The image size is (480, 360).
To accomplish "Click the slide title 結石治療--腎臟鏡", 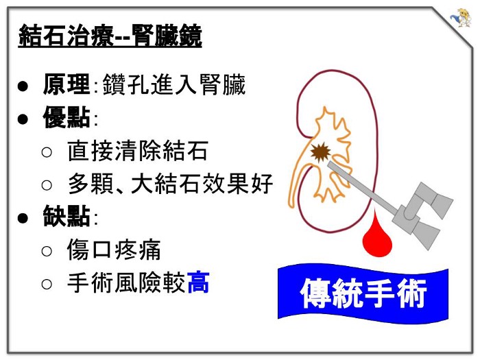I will pos(110,36).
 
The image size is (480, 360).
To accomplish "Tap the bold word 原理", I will pos(66,85).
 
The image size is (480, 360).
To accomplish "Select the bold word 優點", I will pos(66,118).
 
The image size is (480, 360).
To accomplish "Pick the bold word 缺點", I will pos(66,217).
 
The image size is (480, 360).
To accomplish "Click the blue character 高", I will pos(197,283).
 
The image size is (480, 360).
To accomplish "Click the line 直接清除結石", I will pos(137,152).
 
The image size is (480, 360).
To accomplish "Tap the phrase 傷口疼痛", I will pos(114,250).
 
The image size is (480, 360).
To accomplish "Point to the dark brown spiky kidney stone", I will pos(319,152).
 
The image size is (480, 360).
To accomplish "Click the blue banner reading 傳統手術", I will pos(363,293).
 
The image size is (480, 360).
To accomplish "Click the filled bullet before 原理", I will pos(23,86).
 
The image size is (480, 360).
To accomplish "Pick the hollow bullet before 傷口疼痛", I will pos(47,251).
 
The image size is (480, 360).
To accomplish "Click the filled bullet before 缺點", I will pos(23,218).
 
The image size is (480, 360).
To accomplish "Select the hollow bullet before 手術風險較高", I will pos(47,283).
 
